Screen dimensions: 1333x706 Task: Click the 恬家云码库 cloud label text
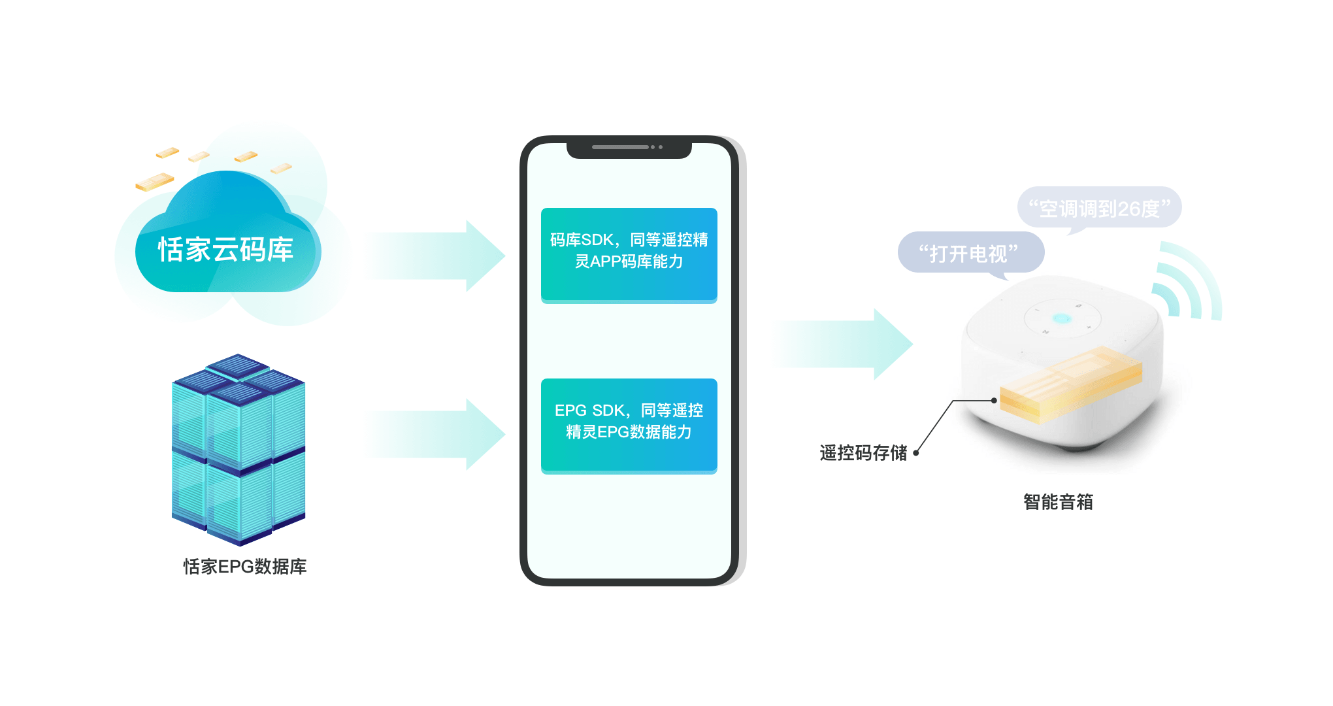tap(225, 250)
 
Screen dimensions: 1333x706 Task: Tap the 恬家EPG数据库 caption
tap(245, 567)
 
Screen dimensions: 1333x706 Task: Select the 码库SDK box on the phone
tap(629, 255)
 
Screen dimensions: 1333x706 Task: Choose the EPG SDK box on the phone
tap(629, 426)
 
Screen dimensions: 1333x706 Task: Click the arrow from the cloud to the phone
tap(434, 256)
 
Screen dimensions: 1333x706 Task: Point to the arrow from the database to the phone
tap(434, 434)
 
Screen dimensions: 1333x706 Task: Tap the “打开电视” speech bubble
tap(971, 253)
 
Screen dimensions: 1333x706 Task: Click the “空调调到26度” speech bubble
tap(1100, 209)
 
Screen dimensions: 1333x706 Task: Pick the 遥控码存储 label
tap(863, 452)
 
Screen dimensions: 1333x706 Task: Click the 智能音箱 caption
tap(1058, 501)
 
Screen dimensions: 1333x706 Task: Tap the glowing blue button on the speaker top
tap(1061, 319)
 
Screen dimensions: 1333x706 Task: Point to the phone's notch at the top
tap(629, 148)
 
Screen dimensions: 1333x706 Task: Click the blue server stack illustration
tap(239, 450)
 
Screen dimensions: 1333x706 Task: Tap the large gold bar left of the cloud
tap(155, 182)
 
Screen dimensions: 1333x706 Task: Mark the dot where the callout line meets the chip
tap(994, 401)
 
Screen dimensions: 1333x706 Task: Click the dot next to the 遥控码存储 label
tap(916, 452)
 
